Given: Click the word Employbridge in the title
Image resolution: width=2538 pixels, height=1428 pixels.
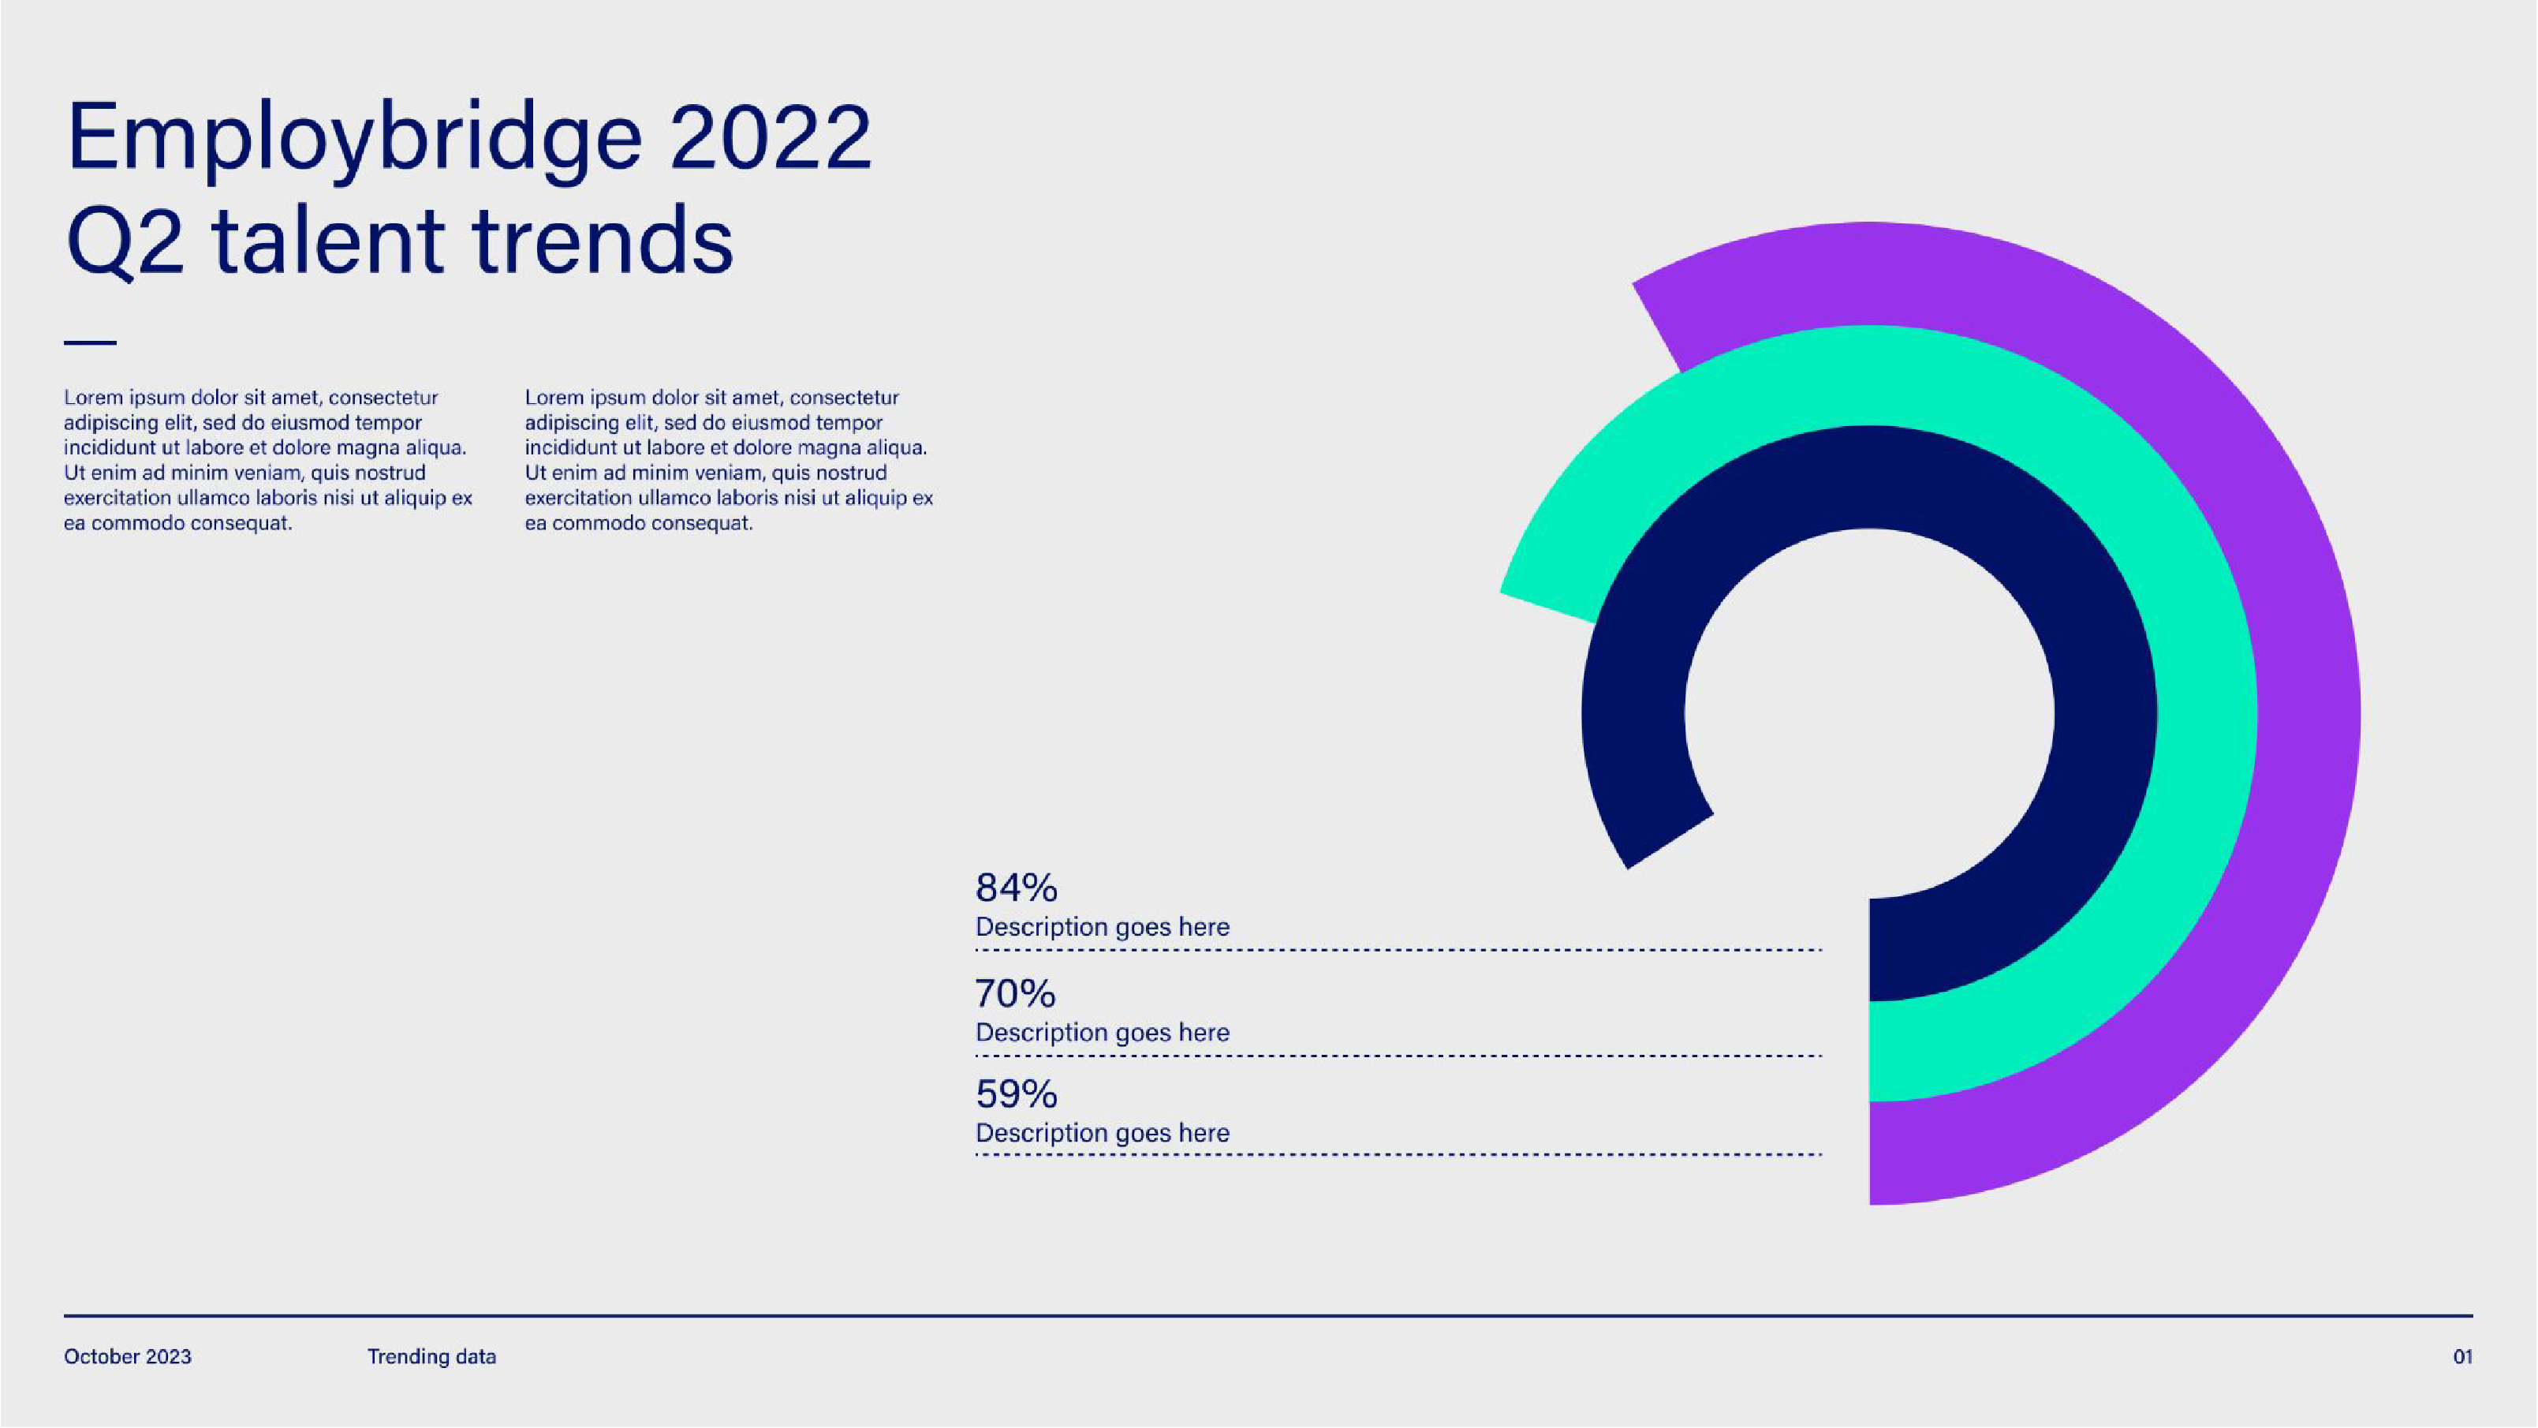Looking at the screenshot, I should pos(353,138).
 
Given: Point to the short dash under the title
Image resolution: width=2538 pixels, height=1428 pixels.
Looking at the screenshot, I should pos(90,343).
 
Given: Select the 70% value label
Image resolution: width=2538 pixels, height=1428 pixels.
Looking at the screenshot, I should pos(1015,993).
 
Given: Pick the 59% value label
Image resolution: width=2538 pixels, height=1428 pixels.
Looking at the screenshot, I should pos(1016,1094).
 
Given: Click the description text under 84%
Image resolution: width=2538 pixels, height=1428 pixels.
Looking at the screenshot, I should pos(1102,927).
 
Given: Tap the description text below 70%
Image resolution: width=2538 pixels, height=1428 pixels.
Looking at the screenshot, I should pos(1102,1033).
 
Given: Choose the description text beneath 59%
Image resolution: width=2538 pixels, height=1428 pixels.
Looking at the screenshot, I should pos(1102,1134).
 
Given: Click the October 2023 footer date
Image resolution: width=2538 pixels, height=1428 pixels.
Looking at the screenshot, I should pos(128,1357).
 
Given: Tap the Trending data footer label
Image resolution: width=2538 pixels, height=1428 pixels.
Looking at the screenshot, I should pos(431,1357).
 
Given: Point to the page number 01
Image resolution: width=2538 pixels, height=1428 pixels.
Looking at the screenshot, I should pos(2462,1357).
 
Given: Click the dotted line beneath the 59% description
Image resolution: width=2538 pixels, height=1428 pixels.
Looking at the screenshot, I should pos(1399,1155).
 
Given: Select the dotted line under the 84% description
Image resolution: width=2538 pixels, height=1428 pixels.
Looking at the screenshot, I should pos(1399,951).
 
